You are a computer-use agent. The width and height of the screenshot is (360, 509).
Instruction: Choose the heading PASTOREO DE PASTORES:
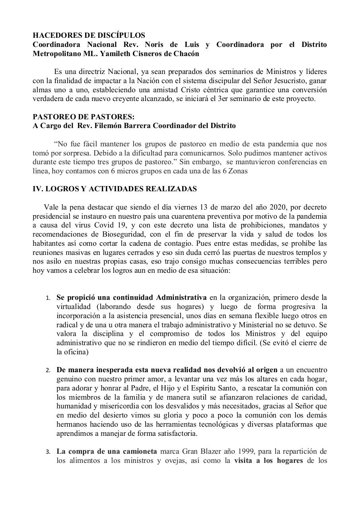pyautogui.click(x=84, y=117)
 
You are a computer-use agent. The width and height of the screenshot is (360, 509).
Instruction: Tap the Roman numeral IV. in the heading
pyautogui.click(x=38, y=189)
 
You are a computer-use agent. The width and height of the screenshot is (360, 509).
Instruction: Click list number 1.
pyautogui.click(x=48, y=298)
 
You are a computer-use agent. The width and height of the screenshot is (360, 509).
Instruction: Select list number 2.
pyautogui.click(x=48, y=370)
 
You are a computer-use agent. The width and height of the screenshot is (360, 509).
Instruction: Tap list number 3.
pyautogui.click(x=48, y=452)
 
